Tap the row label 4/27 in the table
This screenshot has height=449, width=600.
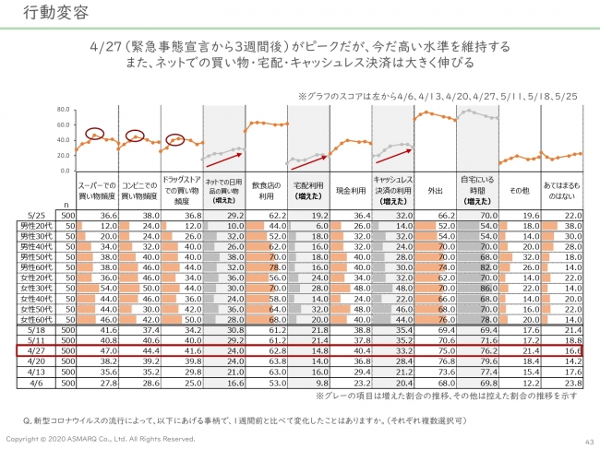click(x=36, y=351)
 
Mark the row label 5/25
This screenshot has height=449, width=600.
click(x=36, y=213)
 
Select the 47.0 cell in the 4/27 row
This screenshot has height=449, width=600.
click(x=102, y=351)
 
